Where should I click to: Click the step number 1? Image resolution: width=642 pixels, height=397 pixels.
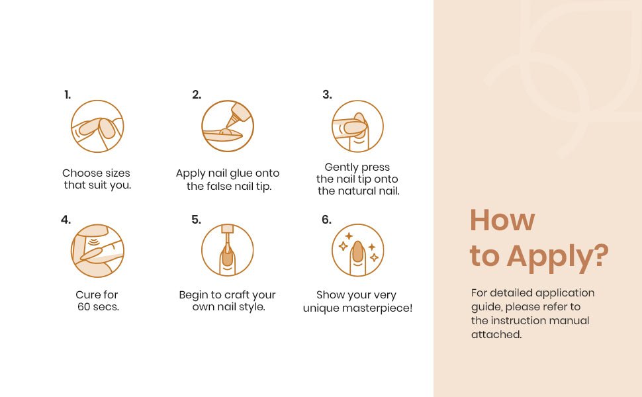[68, 95]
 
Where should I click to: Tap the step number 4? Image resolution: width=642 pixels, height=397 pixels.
[66, 220]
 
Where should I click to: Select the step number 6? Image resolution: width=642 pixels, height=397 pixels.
[326, 220]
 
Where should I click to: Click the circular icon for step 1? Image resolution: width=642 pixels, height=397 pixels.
[97, 126]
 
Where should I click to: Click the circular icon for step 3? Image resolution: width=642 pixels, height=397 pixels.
[357, 126]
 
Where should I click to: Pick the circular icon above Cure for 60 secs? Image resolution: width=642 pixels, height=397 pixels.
[97, 251]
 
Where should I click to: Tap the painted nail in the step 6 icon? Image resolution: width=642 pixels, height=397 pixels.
[358, 251]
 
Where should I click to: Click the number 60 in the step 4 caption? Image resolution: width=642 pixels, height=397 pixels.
[84, 306]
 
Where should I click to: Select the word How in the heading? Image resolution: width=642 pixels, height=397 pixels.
[502, 220]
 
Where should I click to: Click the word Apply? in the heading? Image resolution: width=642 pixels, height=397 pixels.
[558, 257]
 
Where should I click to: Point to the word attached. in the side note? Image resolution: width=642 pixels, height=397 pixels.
[496, 334]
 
